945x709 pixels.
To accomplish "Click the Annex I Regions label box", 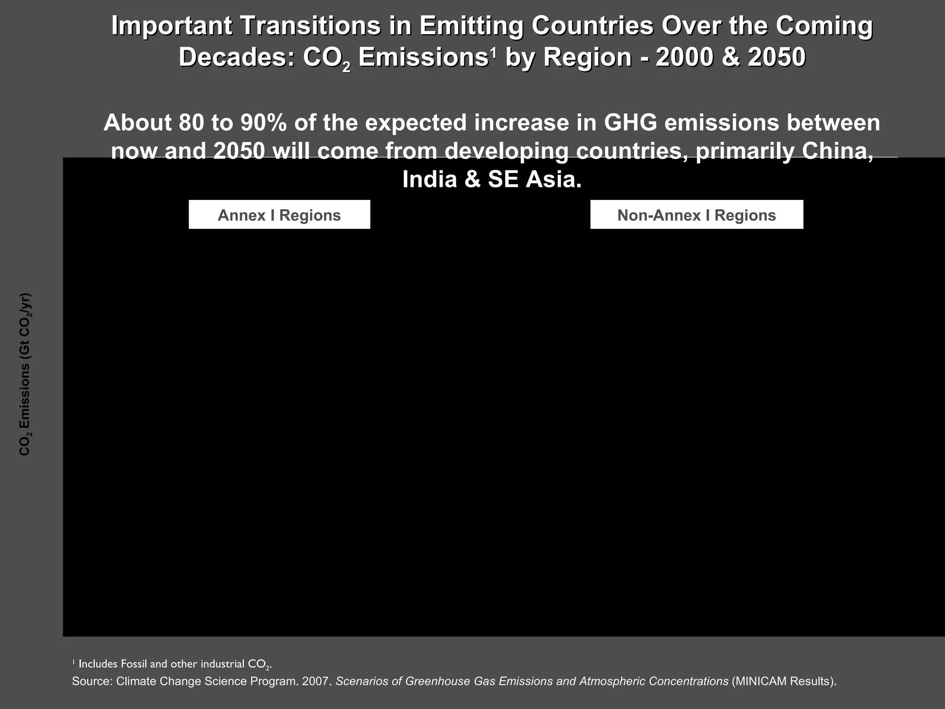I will tap(279, 215).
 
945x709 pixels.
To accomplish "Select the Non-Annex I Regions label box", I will tap(696, 215).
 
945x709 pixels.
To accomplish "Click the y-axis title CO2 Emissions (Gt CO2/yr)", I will tap(25, 374).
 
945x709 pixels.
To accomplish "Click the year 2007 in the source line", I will tap(317, 681).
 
